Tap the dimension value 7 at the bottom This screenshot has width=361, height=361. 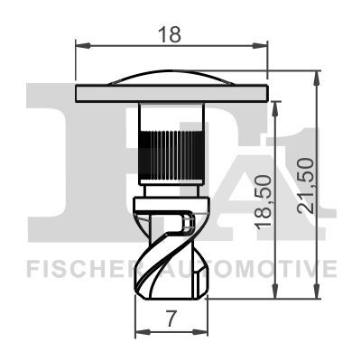(x=171, y=318)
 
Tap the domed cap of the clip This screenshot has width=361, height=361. (x=171, y=78)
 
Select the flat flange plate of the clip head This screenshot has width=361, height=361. (x=171, y=93)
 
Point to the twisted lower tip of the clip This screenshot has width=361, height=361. (x=171, y=271)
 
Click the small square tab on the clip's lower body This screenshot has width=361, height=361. (x=187, y=219)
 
